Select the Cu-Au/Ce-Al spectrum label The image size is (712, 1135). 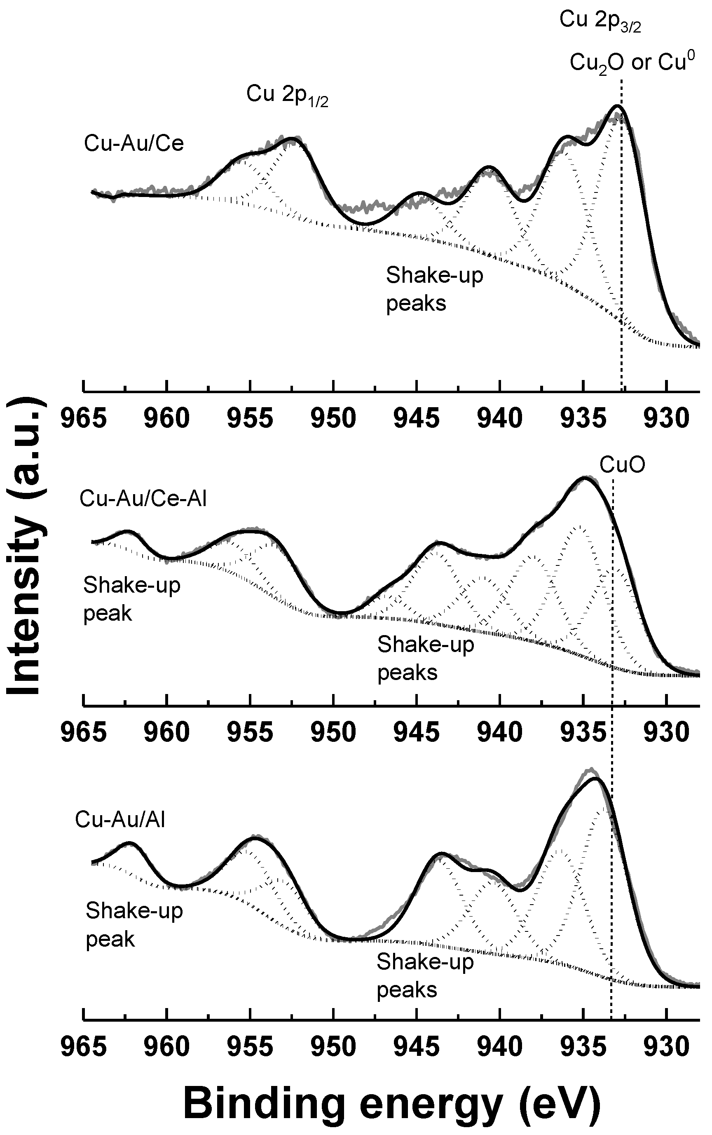[x=143, y=498]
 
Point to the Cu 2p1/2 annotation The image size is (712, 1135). [x=287, y=95]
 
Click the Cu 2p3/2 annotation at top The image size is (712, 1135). [x=600, y=21]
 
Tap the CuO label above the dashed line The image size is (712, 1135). [x=622, y=465]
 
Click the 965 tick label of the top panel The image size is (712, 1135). [x=84, y=419]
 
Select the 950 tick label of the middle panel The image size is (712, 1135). [x=333, y=733]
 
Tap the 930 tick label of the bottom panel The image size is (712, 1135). [x=666, y=1047]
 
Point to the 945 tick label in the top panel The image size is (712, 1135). [x=417, y=419]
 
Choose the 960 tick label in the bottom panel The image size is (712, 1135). [x=167, y=1047]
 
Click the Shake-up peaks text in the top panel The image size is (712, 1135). [x=434, y=288]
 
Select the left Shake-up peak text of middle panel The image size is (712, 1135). [x=131, y=599]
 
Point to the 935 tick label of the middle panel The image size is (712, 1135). [x=583, y=733]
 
